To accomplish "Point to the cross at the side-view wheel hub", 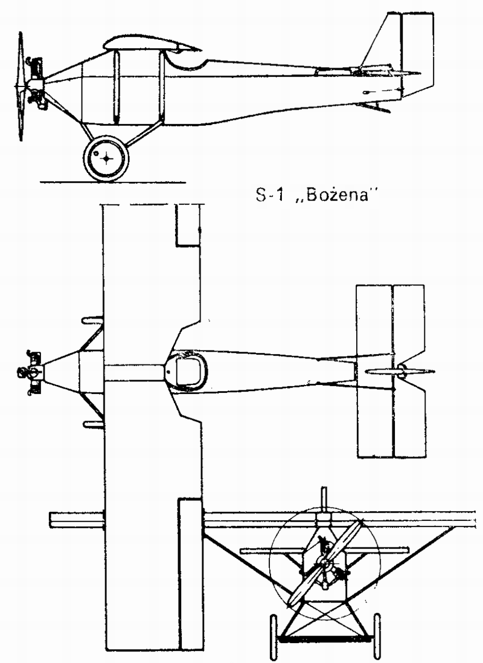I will click(107, 158).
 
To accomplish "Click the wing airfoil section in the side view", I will click(151, 43).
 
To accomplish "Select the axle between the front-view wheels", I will click(325, 638).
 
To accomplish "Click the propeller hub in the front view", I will click(325, 563).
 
